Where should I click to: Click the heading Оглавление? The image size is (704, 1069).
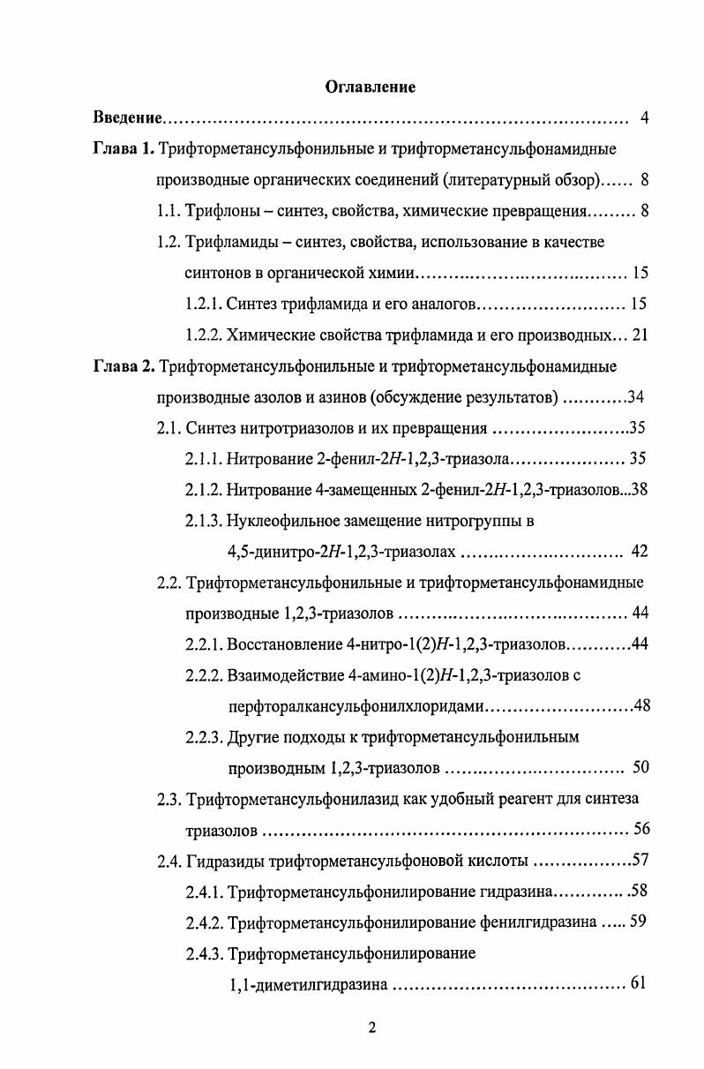371,87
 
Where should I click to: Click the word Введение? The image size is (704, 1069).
129,118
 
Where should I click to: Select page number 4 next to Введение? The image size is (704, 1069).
644,118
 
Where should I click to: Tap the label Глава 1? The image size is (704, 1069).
123,148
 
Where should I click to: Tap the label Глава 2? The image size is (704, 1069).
123,365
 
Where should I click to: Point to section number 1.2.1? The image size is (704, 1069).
203,305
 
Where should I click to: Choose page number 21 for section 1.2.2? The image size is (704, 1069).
640,335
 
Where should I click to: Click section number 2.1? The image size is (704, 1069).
169,429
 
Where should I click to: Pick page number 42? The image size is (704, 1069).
640,552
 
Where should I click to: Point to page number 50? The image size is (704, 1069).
641,767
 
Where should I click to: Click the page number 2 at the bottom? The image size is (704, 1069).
371,1028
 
